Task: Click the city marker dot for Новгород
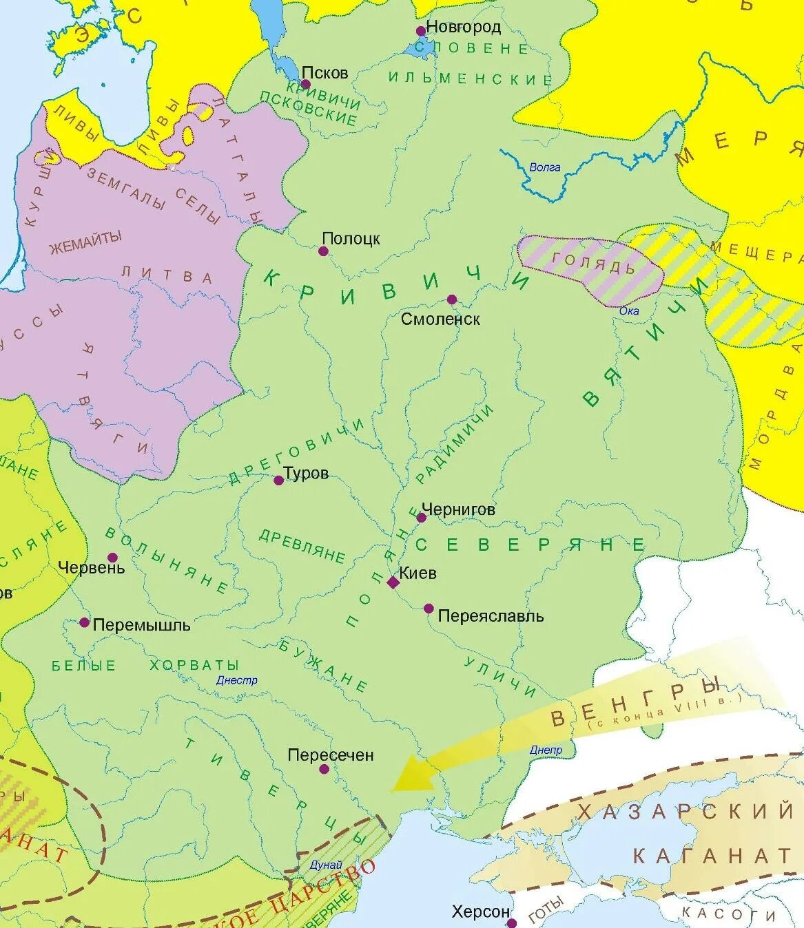[420, 31]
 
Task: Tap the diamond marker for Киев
[393, 582]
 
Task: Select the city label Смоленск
[440, 319]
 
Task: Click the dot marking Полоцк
[323, 251]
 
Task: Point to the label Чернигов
[458, 509]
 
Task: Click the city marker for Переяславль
[429, 609]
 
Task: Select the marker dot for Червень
[112, 558]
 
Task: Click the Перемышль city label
[141, 625]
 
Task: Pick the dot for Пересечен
[324, 769]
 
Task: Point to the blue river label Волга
[545, 167]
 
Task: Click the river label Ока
[629, 310]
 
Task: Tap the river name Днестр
[236, 680]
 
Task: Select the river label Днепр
[546, 750]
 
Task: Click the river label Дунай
[326, 865]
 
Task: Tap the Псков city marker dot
[306, 85]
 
